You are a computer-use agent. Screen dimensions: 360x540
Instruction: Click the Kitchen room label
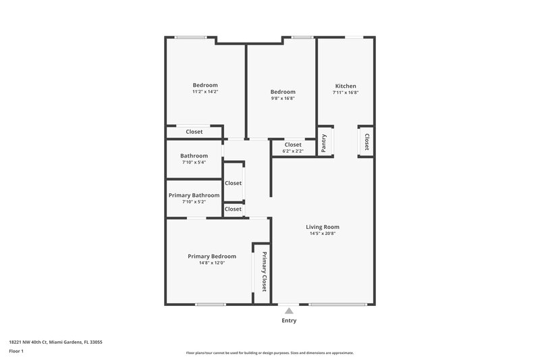pyautogui.click(x=346, y=86)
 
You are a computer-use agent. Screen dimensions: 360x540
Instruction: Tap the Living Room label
pyautogui.click(x=322, y=227)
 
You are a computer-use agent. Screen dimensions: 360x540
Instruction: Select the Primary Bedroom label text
pyautogui.click(x=212, y=257)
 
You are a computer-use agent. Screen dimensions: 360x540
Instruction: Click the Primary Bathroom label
pyautogui.click(x=194, y=195)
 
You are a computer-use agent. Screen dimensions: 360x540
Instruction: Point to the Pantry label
pyautogui.click(x=325, y=143)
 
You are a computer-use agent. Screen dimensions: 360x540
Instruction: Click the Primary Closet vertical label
pyautogui.click(x=264, y=272)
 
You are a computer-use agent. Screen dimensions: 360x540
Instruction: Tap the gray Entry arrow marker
pyautogui.click(x=289, y=311)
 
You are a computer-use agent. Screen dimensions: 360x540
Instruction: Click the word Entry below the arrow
pyautogui.click(x=289, y=321)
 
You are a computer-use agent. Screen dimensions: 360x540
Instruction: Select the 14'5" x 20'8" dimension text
pyautogui.click(x=322, y=234)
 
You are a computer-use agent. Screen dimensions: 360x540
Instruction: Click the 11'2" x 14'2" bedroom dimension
pyautogui.click(x=205, y=91)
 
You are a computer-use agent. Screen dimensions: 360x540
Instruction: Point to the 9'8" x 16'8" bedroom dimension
pyautogui.click(x=283, y=98)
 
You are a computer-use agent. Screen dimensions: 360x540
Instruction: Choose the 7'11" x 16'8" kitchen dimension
pyautogui.click(x=346, y=93)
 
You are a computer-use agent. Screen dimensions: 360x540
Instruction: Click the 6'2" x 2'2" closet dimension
pyautogui.click(x=293, y=151)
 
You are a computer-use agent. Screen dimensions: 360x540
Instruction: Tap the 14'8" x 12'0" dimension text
pyautogui.click(x=212, y=263)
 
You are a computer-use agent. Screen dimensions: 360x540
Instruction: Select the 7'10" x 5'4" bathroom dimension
pyautogui.click(x=194, y=162)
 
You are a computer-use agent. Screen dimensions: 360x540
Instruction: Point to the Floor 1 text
pyautogui.click(x=16, y=352)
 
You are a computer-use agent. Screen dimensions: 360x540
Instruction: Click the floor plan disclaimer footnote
pyautogui.click(x=270, y=353)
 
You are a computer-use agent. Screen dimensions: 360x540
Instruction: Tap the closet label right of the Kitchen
pyautogui.click(x=367, y=141)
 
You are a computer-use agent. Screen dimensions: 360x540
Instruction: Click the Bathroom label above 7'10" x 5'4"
pyautogui.click(x=194, y=155)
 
